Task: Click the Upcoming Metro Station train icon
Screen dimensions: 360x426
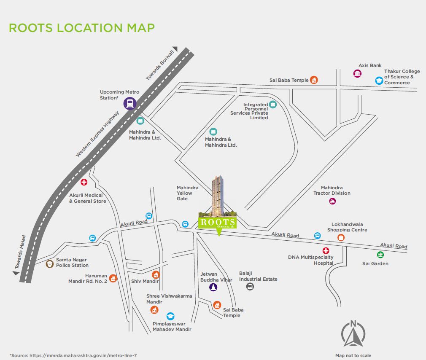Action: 130,103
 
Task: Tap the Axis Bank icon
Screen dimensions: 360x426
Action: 357,74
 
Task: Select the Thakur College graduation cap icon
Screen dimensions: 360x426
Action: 379,80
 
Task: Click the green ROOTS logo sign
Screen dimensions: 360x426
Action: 217,223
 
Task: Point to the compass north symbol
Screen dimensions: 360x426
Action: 353,333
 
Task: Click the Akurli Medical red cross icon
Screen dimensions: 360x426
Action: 84,182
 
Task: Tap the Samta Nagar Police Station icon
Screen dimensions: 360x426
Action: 50,263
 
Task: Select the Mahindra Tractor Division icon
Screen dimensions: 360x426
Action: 332,201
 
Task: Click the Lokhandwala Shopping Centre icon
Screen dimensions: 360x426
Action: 341,237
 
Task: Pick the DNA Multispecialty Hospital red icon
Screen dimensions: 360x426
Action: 326,251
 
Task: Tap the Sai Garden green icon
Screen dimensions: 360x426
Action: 380,255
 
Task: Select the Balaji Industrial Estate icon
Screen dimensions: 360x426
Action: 250,287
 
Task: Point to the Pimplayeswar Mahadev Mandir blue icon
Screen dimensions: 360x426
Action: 170,316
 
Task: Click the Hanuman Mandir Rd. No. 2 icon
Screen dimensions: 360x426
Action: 113,278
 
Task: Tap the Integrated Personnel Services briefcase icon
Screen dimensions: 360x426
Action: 272,105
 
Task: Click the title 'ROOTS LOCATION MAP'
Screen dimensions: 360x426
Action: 81,28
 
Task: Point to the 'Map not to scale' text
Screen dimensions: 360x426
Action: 353,355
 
